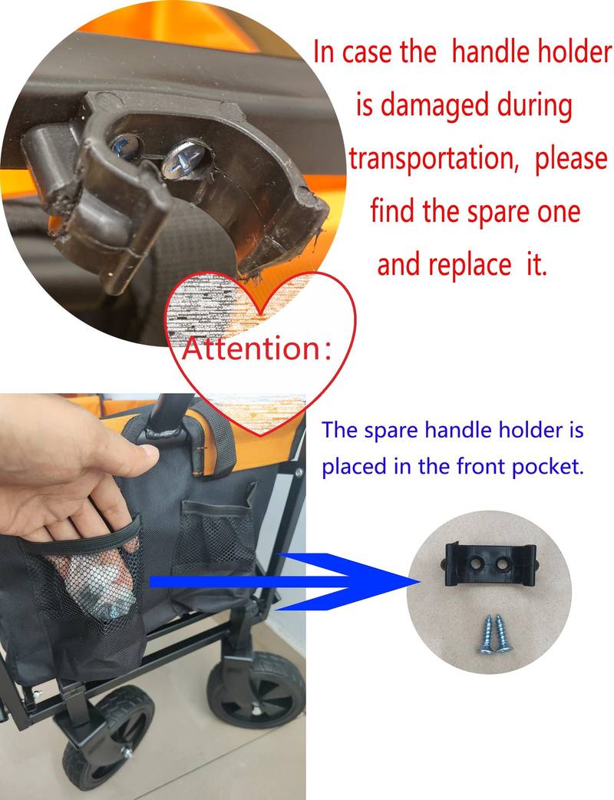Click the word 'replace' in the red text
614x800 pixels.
click(x=469, y=265)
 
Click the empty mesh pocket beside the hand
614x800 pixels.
click(x=216, y=537)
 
